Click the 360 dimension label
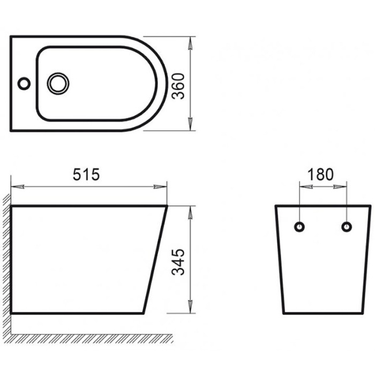point(178,84)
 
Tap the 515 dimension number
point(86,175)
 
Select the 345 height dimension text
point(179,261)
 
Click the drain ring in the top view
point(57,83)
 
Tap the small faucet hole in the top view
point(24,84)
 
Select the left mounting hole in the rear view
point(300,227)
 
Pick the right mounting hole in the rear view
point(347,227)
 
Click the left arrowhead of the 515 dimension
point(16,187)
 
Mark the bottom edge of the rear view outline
point(323,313)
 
